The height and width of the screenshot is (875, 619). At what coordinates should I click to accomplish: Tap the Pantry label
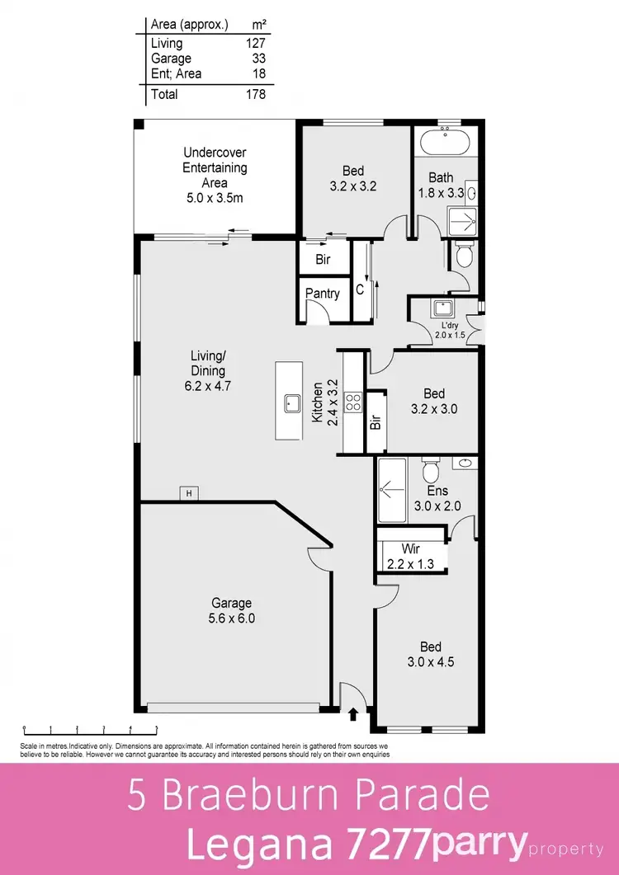(323, 294)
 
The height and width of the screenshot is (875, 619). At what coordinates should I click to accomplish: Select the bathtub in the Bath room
(445, 143)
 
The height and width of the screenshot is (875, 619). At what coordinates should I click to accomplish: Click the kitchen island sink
(292, 403)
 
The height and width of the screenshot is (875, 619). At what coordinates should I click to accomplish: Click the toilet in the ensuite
(429, 473)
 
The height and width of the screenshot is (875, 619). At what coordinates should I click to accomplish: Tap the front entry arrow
(354, 714)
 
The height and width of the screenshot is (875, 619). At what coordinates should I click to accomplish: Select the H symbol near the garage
(189, 493)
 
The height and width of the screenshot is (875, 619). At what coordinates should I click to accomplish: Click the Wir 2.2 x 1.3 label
(411, 557)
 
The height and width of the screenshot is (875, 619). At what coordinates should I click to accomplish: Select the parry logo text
(480, 844)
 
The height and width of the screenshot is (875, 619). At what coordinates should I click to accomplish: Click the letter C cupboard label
(360, 289)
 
